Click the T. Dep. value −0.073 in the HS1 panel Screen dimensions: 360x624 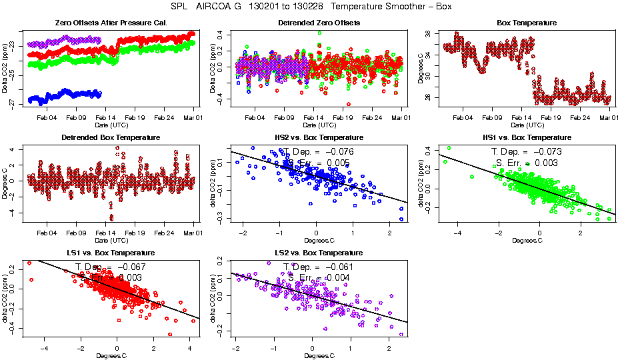[x=545, y=152]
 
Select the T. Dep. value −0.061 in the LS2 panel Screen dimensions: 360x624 [x=337, y=267]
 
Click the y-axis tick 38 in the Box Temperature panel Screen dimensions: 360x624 [x=426, y=33]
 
